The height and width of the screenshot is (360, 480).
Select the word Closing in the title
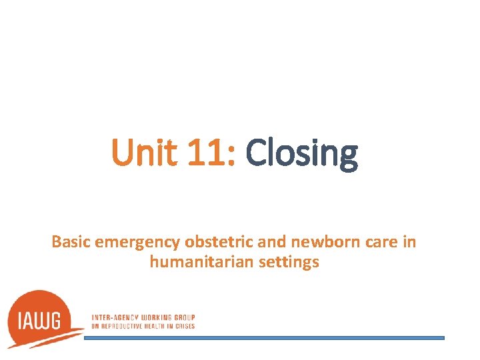coord(302,154)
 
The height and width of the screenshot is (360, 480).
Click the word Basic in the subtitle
coord(71,242)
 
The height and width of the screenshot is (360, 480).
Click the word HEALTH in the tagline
coord(160,326)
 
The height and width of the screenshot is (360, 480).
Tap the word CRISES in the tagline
coord(186,326)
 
